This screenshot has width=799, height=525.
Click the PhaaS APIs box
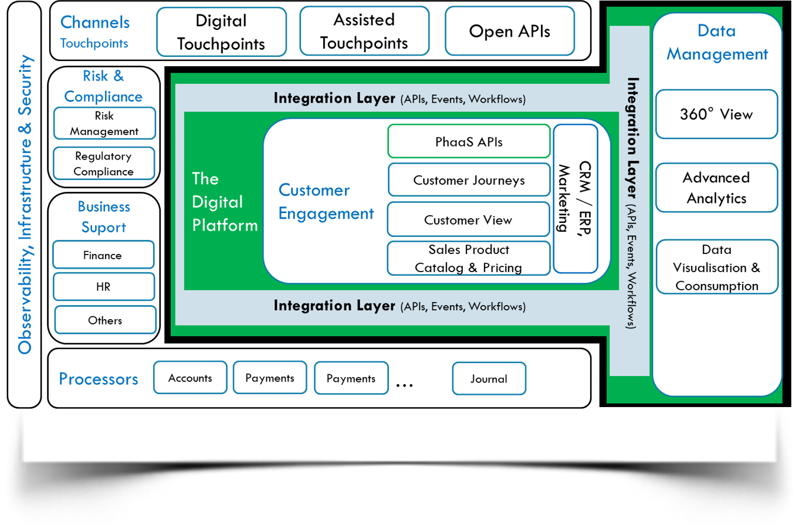469,141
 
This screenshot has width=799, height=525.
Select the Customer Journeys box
469,180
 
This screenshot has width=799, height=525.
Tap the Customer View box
468,220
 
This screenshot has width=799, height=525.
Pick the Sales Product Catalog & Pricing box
468,258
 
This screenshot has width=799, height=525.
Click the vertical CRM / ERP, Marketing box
575,198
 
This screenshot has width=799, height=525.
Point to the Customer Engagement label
326,202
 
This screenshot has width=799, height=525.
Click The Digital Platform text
225,202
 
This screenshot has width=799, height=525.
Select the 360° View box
716,114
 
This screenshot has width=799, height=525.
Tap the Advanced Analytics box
716,188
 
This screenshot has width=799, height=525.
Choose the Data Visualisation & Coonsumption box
716,267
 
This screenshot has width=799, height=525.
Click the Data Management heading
717,42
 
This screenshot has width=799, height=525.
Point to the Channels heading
95,22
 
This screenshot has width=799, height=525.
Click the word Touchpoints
94,43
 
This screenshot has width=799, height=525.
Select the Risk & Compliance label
103,86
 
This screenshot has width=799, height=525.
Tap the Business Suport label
104,217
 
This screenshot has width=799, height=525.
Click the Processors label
99,379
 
